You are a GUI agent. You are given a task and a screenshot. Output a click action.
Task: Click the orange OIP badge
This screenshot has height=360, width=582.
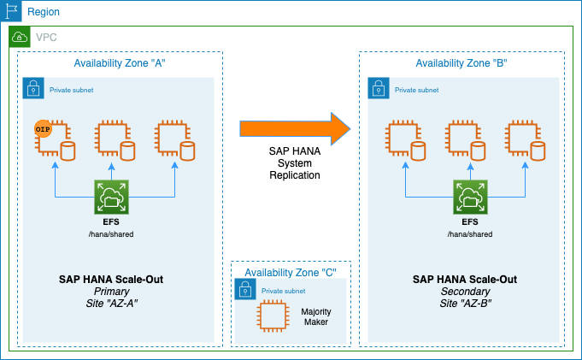click(x=43, y=128)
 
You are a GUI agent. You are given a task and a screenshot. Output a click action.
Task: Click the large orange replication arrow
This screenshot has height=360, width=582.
click(x=295, y=128)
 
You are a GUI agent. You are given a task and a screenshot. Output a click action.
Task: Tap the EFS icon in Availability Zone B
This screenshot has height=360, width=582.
click(x=468, y=198)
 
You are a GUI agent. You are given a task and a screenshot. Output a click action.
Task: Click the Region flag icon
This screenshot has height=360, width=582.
click(x=10, y=12)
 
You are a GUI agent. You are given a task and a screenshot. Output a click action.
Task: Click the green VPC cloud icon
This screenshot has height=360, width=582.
click(x=19, y=37)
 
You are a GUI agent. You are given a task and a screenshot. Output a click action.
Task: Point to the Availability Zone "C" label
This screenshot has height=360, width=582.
click(x=291, y=273)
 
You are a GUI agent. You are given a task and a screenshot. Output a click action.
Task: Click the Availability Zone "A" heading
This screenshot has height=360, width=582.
click(x=121, y=63)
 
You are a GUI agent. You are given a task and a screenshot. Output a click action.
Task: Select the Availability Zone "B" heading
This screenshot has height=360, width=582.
click(x=462, y=63)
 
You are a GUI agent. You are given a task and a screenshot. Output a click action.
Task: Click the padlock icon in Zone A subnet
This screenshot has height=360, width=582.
click(x=33, y=89)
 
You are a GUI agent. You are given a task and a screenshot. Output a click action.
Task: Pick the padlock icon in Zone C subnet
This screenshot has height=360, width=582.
click(x=246, y=291)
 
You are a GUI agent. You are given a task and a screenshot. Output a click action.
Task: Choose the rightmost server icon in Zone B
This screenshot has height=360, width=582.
click(x=521, y=139)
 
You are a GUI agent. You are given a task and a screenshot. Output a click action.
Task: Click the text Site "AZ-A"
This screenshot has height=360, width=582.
click(x=111, y=304)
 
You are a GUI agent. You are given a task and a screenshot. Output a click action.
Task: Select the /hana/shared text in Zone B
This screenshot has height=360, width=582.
click(x=469, y=233)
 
